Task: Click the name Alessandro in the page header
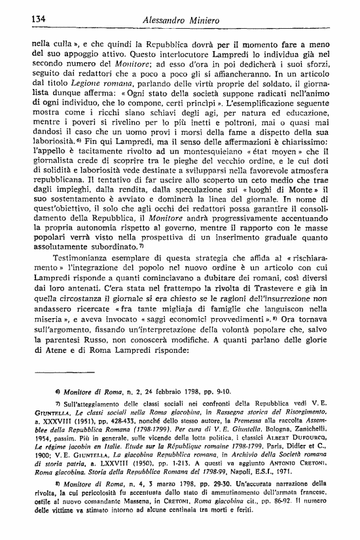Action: pos(166,21)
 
